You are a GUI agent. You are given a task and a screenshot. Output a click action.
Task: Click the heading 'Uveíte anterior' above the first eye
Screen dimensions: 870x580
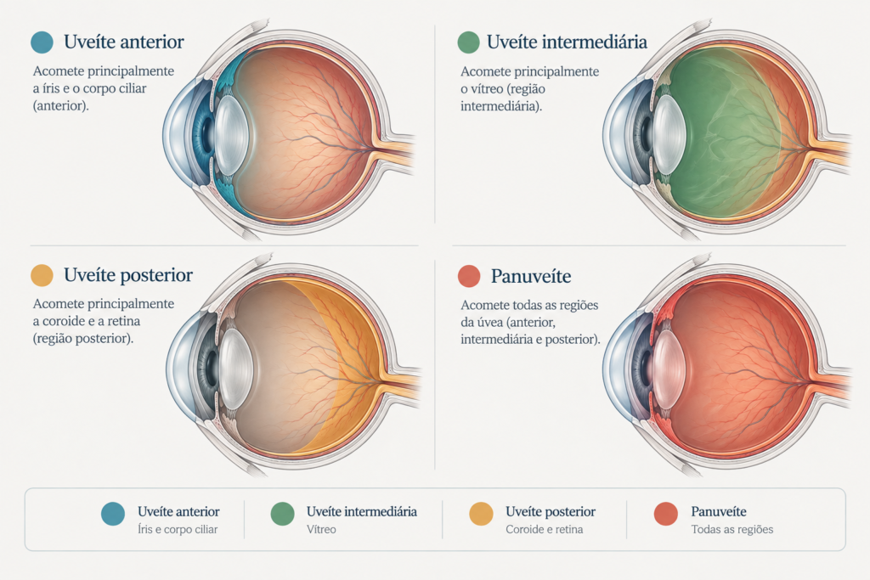(x=124, y=42)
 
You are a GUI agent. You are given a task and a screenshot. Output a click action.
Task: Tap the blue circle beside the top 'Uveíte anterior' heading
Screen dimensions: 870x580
(x=42, y=42)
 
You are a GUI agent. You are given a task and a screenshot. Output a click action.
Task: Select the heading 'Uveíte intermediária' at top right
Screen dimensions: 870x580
(x=567, y=42)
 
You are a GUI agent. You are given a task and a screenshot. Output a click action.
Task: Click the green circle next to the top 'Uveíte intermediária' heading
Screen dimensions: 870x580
(x=469, y=42)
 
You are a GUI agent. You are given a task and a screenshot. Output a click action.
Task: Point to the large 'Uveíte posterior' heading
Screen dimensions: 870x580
(x=128, y=275)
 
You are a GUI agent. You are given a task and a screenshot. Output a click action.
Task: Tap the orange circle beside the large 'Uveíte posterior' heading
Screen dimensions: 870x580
(x=42, y=276)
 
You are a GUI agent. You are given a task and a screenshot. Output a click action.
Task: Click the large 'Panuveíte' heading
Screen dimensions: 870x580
(x=531, y=276)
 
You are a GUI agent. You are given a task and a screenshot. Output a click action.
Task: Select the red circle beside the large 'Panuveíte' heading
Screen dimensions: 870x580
(x=469, y=276)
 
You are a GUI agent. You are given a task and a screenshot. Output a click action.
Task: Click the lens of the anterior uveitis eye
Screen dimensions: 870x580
(x=232, y=135)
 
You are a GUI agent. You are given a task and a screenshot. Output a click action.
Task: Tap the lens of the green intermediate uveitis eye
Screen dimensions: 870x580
(x=669, y=134)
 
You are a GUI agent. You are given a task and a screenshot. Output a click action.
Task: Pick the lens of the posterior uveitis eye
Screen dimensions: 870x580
(x=236, y=369)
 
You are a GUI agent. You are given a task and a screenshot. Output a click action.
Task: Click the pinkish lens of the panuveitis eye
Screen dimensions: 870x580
(x=669, y=369)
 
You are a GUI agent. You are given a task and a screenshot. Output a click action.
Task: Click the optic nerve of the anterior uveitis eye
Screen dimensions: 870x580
(x=395, y=149)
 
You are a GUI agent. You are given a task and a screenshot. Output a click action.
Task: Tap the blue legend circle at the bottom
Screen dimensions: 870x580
(x=113, y=514)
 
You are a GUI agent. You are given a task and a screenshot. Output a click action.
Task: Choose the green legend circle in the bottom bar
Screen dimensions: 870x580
(x=282, y=514)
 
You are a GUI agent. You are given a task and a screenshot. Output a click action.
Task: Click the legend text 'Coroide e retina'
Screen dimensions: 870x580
(x=545, y=530)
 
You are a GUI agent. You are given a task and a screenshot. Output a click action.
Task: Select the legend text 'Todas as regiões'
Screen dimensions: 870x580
(x=732, y=530)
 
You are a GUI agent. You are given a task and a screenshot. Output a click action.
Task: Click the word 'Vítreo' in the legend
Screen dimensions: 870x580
(x=321, y=530)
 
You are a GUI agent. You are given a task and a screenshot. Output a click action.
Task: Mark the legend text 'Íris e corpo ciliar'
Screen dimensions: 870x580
(x=178, y=530)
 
